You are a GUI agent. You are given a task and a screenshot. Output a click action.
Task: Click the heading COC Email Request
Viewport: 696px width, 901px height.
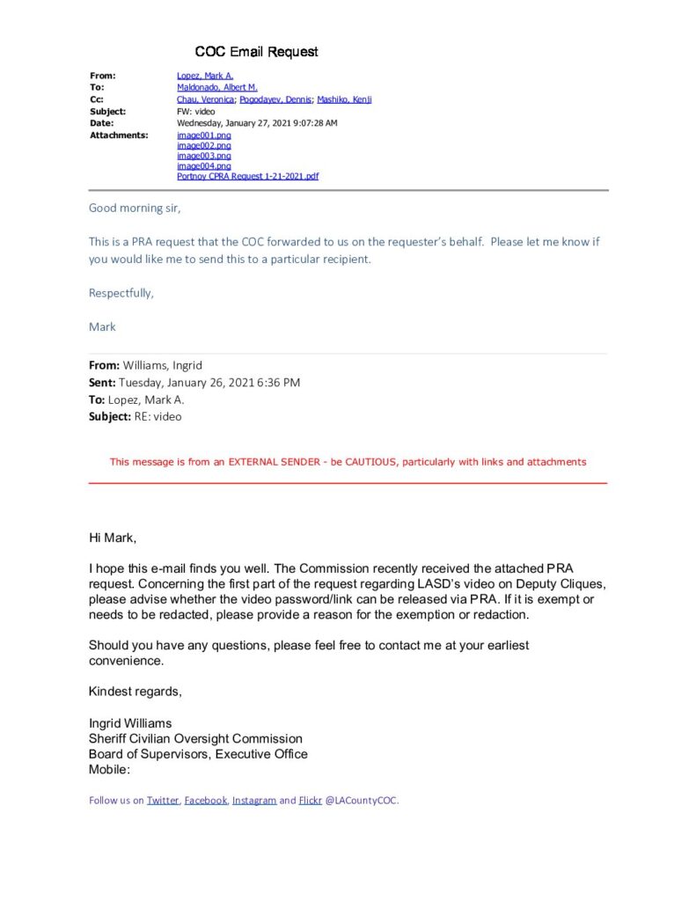pos(256,52)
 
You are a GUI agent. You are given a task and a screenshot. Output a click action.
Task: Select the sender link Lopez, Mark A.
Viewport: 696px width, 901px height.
pos(205,76)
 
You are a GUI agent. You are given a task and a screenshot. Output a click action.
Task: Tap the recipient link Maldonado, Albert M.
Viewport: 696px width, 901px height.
pos(217,88)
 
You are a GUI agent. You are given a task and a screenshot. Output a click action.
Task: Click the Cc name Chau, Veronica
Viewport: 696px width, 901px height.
pos(206,99)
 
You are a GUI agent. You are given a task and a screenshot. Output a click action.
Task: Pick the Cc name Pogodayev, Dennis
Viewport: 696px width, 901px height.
pos(275,99)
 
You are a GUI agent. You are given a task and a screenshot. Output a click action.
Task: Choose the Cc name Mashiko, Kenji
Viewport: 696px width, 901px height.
pos(343,99)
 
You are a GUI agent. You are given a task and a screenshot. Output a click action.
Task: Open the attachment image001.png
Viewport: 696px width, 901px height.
pos(204,136)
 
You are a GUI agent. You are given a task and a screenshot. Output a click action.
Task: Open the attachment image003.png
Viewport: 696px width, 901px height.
pos(204,156)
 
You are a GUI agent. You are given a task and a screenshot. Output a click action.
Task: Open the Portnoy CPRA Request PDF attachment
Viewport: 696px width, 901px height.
pos(247,176)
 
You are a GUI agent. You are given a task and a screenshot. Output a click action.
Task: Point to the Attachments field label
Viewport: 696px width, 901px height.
pos(119,136)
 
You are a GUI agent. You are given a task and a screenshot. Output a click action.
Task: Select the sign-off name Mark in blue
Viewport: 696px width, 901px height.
pos(102,326)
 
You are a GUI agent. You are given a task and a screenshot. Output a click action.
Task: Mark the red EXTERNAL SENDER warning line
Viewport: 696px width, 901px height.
pos(348,461)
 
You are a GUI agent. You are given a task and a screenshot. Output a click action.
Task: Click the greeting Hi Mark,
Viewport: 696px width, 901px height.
pos(113,538)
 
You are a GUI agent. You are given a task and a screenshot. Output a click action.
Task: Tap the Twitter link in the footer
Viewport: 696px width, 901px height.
pos(163,800)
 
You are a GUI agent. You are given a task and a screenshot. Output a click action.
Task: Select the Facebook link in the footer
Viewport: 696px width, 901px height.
pos(205,800)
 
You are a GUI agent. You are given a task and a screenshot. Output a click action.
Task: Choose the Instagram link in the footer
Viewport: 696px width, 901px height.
pos(254,800)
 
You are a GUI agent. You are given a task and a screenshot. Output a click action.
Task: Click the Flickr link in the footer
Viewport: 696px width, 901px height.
pos(311,800)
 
